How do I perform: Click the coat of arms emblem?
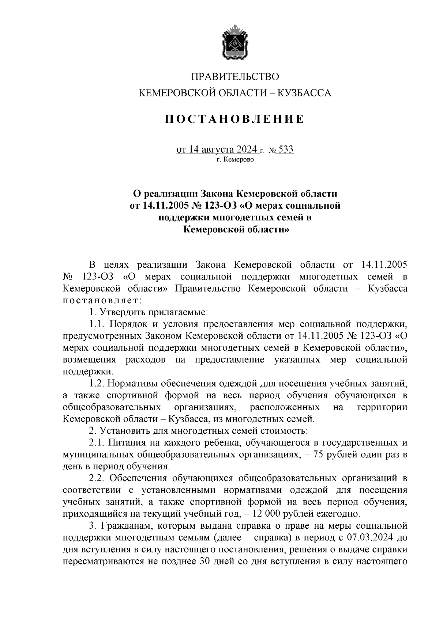click(234, 43)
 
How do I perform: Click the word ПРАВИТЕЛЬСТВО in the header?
click(234, 77)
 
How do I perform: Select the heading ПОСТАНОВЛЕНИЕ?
click(234, 119)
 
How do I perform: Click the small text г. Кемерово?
click(234, 159)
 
